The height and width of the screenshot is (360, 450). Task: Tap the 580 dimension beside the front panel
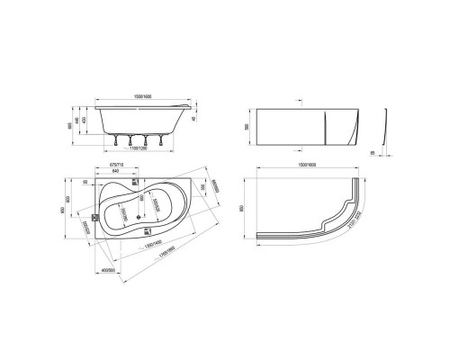tap(274, 127)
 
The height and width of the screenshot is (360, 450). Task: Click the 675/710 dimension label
tap(116, 166)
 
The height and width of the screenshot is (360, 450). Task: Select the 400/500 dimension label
tap(112, 270)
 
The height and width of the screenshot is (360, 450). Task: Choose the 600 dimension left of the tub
tap(89, 200)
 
